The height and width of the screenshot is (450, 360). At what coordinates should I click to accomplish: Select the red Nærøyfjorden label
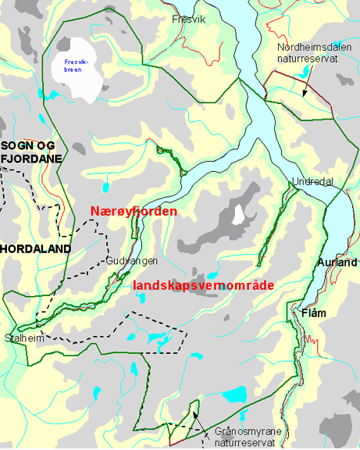click(134, 211)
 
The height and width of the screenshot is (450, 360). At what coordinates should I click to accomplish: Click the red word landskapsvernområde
click(203, 286)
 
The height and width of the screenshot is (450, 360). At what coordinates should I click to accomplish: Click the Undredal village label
click(312, 181)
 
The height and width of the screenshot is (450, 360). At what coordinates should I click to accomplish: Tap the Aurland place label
click(337, 262)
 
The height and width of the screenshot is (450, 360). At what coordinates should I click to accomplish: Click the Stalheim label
click(23, 338)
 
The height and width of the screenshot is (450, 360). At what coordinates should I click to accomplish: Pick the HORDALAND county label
click(35, 248)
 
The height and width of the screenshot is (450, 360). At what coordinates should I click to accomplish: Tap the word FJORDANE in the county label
click(31, 158)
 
